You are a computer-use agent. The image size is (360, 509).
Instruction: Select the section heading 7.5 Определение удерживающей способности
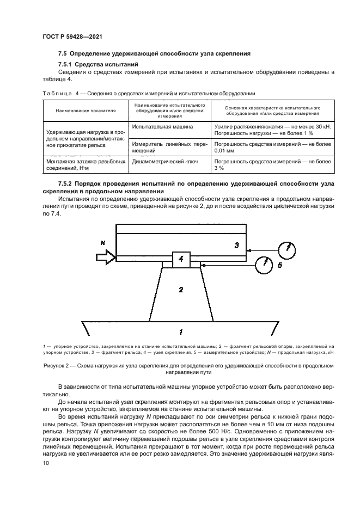154,54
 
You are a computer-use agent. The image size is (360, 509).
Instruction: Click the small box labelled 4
180,260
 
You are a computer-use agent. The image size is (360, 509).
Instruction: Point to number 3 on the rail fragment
236,246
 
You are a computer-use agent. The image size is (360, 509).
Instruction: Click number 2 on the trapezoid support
181,290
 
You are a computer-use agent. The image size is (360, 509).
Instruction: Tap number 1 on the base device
180,330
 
